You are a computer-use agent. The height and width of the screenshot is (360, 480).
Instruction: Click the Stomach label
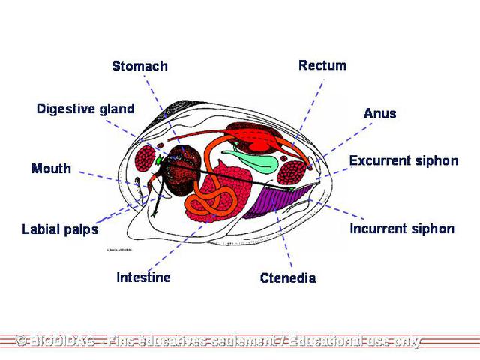click(x=139, y=66)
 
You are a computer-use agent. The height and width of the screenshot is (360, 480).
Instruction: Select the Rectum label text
click(x=322, y=65)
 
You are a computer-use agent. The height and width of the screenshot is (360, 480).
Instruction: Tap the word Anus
click(x=379, y=113)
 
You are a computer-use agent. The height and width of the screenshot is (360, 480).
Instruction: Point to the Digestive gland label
click(x=85, y=109)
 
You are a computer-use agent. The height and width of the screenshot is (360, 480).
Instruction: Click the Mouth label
click(x=51, y=169)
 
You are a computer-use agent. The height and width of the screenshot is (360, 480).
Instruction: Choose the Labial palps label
click(x=60, y=229)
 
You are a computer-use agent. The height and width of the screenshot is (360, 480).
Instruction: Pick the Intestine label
click(x=143, y=277)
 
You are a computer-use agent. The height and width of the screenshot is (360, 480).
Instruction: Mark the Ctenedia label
click(x=288, y=278)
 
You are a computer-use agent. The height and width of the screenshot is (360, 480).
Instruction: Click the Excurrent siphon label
click(x=403, y=161)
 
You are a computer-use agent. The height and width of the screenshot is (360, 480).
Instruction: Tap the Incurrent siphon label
click(x=402, y=229)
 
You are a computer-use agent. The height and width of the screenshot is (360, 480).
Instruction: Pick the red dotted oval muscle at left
click(x=146, y=160)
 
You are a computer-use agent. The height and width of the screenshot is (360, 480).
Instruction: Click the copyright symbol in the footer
click(x=22, y=341)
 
